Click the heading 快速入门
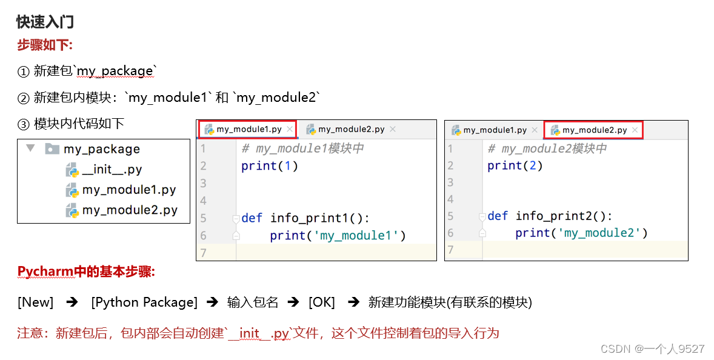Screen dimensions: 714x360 45,22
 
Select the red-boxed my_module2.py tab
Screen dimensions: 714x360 594,130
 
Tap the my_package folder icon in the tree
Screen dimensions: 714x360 52,148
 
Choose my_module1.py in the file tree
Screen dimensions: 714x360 128,190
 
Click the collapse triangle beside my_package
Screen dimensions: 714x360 31,148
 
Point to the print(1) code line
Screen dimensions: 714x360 270,165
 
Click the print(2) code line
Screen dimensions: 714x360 515,165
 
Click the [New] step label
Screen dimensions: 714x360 36,302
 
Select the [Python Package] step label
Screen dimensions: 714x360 144,302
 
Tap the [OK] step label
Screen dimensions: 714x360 321,302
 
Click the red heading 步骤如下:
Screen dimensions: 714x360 45,45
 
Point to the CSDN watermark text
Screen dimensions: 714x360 652,348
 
